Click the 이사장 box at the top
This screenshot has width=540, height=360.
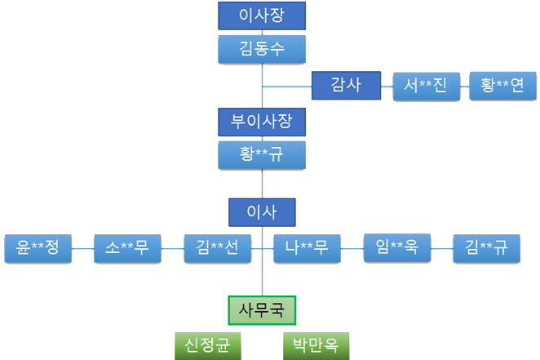click(x=262, y=16)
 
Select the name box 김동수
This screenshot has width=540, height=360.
click(x=262, y=49)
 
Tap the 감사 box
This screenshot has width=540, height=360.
click(x=347, y=85)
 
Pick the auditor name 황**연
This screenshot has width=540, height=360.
click(x=502, y=85)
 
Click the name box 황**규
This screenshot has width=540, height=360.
click(x=262, y=154)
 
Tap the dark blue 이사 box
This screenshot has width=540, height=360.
click(x=262, y=212)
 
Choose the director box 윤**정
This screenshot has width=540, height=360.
click(x=38, y=247)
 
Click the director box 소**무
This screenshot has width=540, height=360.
click(x=127, y=247)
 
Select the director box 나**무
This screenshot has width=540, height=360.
click(x=307, y=247)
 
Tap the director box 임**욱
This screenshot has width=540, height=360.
click(x=396, y=247)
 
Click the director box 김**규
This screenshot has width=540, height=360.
click(x=486, y=247)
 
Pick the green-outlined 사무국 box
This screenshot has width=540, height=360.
click(x=261, y=309)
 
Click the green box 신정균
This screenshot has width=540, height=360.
click(x=207, y=345)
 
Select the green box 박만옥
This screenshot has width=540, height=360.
click(x=316, y=345)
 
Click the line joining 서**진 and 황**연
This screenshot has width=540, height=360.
click(x=464, y=85)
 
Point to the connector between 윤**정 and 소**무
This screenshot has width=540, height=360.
click(x=82, y=247)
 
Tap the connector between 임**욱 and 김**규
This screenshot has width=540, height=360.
click(x=441, y=247)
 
